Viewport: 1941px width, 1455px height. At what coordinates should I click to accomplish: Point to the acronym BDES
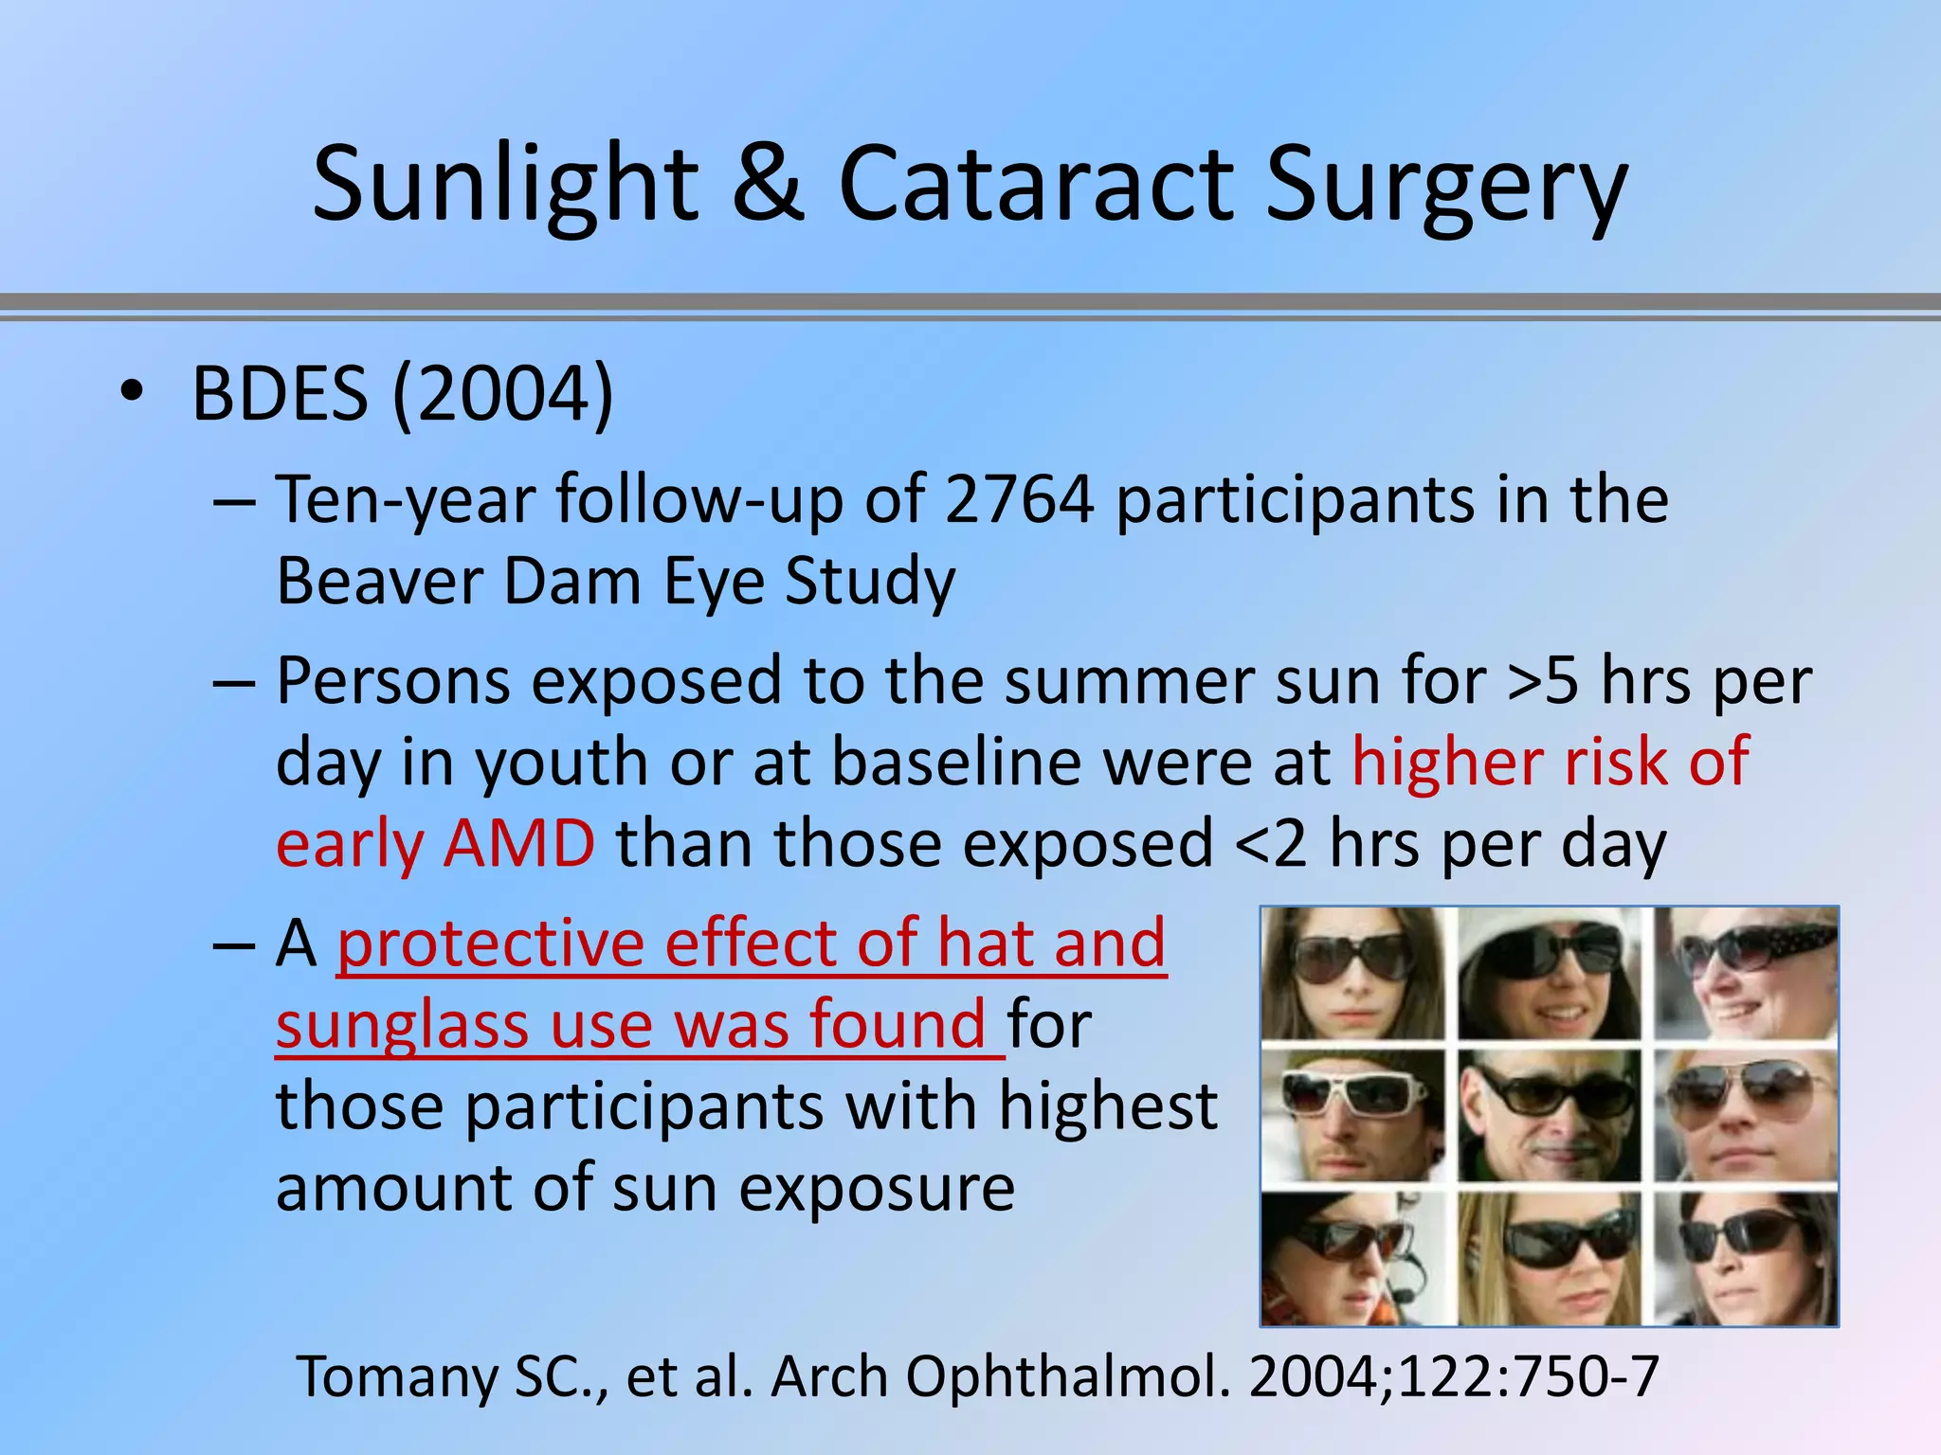pos(280,393)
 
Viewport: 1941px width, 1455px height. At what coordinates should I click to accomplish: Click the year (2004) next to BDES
pos(503,395)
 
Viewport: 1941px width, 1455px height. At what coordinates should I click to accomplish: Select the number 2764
pos(1020,499)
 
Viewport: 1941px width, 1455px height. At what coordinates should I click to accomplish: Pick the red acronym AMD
pos(519,843)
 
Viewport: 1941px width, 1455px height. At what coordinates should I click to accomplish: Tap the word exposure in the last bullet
pos(877,1189)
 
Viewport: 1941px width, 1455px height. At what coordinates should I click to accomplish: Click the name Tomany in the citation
pos(396,1376)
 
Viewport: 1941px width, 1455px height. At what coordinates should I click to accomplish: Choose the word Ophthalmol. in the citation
pos(1068,1376)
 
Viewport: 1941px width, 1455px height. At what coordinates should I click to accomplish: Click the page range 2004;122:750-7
pos(1454,1376)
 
